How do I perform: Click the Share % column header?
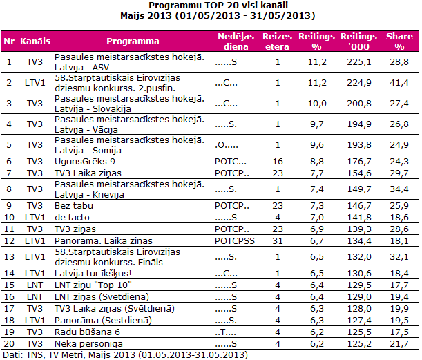[x=399, y=41]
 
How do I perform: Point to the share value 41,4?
[x=399, y=83]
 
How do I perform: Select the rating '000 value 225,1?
[x=359, y=62]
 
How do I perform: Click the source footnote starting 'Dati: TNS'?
[x=124, y=354]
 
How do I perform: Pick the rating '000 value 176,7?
[x=359, y=161]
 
